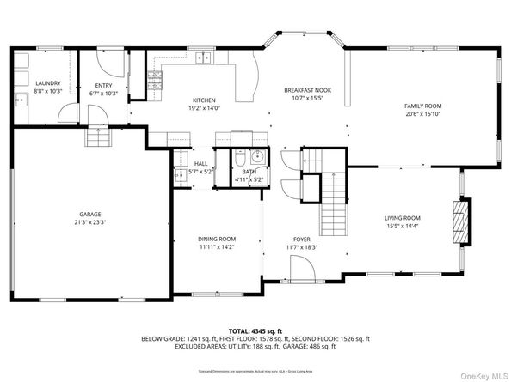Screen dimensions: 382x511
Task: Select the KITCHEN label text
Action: (x=203, y=100)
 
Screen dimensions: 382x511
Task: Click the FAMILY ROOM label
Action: (x=422, y=106)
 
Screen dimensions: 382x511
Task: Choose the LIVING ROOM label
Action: (x=401, y=218)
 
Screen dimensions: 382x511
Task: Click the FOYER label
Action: (x=302, y=239)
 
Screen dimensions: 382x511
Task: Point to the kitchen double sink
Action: (x=204, y=58)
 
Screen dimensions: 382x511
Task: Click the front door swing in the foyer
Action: (x=301, y=270)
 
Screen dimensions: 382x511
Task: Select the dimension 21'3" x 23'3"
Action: (x=91, y=221)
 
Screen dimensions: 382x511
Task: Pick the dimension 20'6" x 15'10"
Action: (x=422, y=113)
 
